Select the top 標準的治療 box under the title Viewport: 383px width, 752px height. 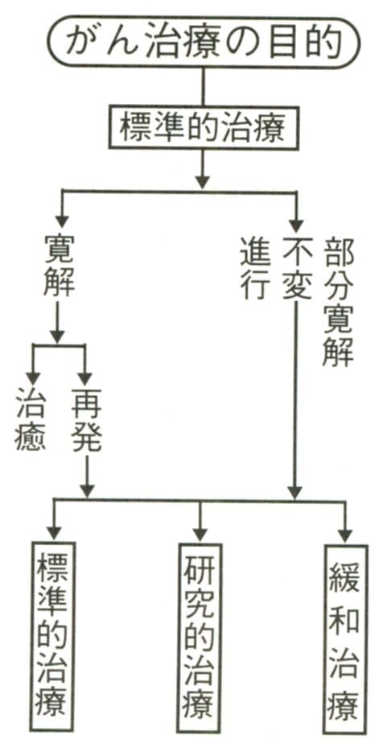[x=202, y=126]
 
